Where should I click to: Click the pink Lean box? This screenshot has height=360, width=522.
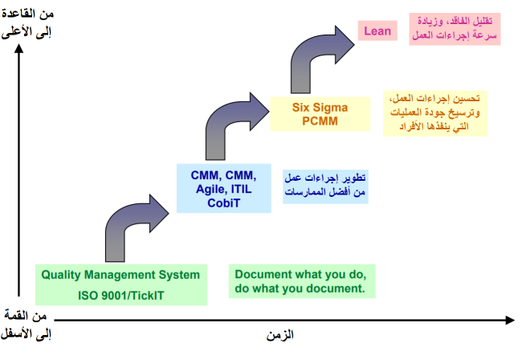377,31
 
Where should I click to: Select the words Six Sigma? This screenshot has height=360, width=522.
320,107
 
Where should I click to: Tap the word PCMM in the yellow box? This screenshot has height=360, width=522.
320,121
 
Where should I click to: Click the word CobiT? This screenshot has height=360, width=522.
224,202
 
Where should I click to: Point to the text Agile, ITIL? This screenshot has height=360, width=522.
224,189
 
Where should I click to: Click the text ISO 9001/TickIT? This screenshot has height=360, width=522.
121,296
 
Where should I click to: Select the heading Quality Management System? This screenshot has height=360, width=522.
120,275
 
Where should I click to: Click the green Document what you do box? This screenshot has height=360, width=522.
302,281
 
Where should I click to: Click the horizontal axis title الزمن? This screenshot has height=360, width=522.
280,335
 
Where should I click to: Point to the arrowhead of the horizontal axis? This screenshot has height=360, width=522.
510,320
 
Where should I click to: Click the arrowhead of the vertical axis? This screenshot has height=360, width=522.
19,49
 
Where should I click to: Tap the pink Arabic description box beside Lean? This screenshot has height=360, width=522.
455,29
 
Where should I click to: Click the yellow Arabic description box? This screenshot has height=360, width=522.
435,113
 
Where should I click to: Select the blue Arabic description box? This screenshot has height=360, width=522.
325,186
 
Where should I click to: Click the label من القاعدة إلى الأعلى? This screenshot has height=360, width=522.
27,23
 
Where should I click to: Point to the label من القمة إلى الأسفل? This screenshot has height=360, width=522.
26,325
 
